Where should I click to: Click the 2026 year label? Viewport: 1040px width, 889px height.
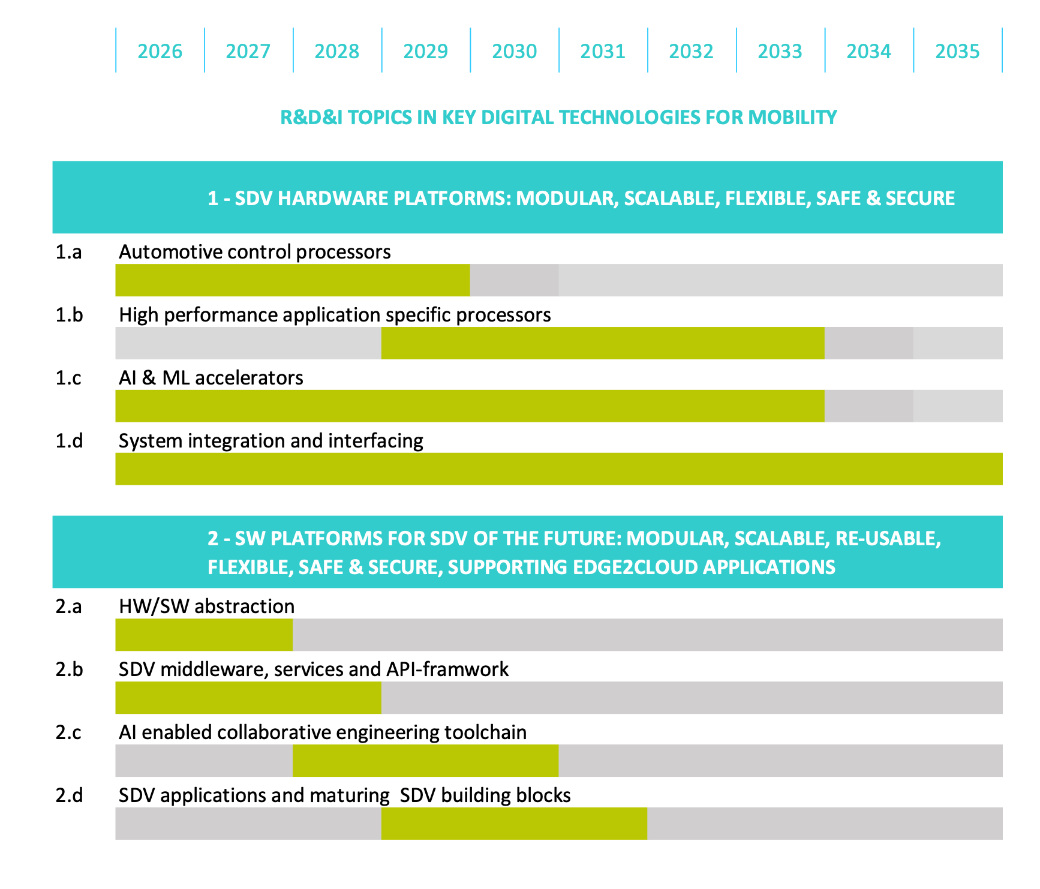160,52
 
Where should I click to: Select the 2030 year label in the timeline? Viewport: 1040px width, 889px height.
514,52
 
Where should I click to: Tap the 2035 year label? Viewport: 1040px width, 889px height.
957,52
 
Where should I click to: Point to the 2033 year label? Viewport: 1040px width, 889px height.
780,52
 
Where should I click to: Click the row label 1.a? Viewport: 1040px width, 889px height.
68,252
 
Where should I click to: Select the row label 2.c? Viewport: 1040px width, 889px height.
68,732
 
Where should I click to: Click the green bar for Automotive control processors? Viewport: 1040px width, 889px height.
292,280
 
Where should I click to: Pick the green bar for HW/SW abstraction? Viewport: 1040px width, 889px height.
204,635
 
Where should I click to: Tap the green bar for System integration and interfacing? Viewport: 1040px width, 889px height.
558,469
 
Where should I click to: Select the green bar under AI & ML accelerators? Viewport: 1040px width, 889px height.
470,406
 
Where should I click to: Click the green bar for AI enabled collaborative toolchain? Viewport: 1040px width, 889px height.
425,761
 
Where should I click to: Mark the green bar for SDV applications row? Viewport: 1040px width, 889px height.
514,824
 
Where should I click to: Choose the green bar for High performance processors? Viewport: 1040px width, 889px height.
603,343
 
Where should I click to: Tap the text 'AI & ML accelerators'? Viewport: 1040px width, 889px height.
211,378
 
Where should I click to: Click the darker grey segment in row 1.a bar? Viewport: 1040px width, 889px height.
514,280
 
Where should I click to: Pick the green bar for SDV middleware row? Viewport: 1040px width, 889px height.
248,698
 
